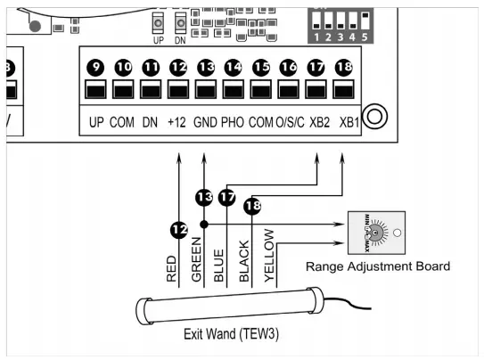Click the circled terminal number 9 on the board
tap(96, 67)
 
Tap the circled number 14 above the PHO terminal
tap(234, 67)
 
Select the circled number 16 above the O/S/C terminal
tap(288, 67)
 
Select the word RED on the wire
tap(172, 267)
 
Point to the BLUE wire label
tap(219, 265)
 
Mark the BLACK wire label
tap(245, 261)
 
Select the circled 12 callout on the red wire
tap(179, 230)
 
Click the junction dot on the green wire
tap(204, 225)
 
